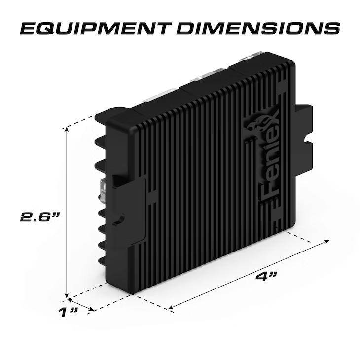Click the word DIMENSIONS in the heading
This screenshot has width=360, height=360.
tap(258, 29)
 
